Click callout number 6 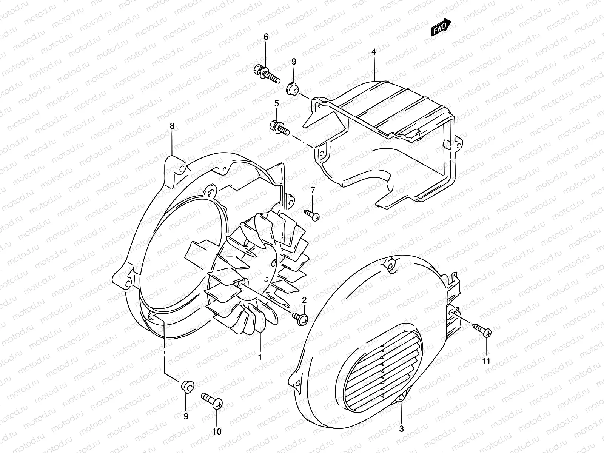click(265, 37)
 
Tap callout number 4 click(374, 52)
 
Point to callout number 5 click(276, 103)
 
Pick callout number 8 click(172, 126)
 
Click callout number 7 click(313, 190)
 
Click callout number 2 click(304, 300)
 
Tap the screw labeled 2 click(301, 318)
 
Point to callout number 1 click(260, 356)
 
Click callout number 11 click(486, 361)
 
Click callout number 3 click(401, 429)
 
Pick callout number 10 click(217, 431)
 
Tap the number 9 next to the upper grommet click(294, 62)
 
